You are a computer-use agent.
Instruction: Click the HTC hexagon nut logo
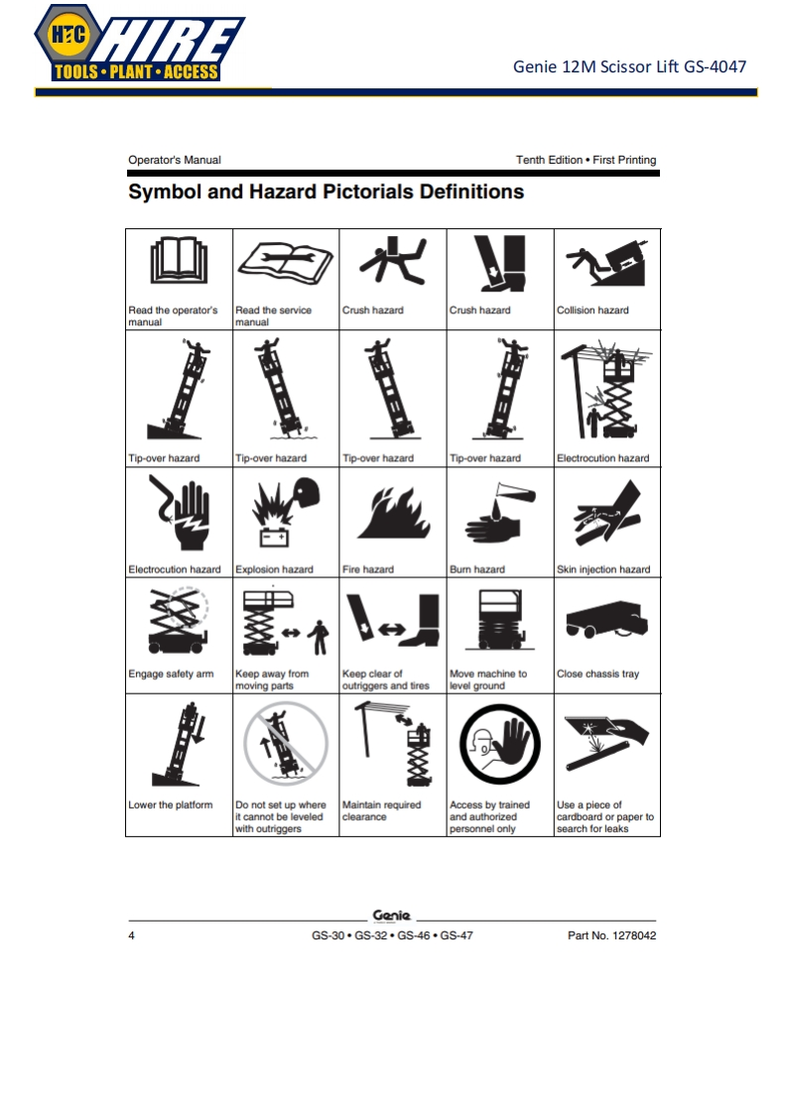68,34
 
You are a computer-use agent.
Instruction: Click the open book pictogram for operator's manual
179,260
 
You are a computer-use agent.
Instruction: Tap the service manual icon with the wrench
286,263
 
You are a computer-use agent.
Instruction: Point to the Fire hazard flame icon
394,513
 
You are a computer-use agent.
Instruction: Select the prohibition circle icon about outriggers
286,743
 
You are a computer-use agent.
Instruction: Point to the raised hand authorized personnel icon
500,746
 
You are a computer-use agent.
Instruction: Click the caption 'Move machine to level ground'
488,680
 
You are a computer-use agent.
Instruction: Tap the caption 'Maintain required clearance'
381,810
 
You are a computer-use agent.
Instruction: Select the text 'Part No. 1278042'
611,935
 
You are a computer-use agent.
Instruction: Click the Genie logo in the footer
391,916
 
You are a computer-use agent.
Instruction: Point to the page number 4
131,935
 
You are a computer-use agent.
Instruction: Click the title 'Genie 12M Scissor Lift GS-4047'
629,66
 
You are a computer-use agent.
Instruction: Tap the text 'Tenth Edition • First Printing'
586,160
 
